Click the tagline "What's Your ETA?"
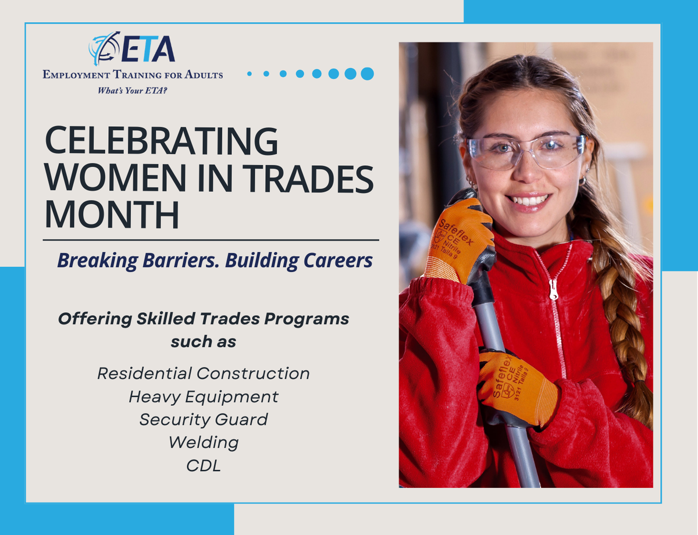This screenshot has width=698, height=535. click(x=133, y=91)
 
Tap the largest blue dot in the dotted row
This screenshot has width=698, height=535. click(x=367, y=73)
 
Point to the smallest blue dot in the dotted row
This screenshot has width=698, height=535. click(x=250, y=74)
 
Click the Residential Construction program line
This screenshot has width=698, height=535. click(x=203, y=373)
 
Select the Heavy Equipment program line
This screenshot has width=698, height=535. click(x=203, y=397)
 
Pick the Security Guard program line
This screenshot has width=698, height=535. click(x=203, y=419)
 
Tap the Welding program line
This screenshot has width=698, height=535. click(x=203, y=443)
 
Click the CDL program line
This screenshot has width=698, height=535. click(x=203, y=466)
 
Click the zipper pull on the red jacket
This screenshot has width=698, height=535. click(x=553, y=288)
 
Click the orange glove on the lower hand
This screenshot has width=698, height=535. click(x=515, y=387)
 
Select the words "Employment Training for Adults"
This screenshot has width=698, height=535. click(x=133, y=74)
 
